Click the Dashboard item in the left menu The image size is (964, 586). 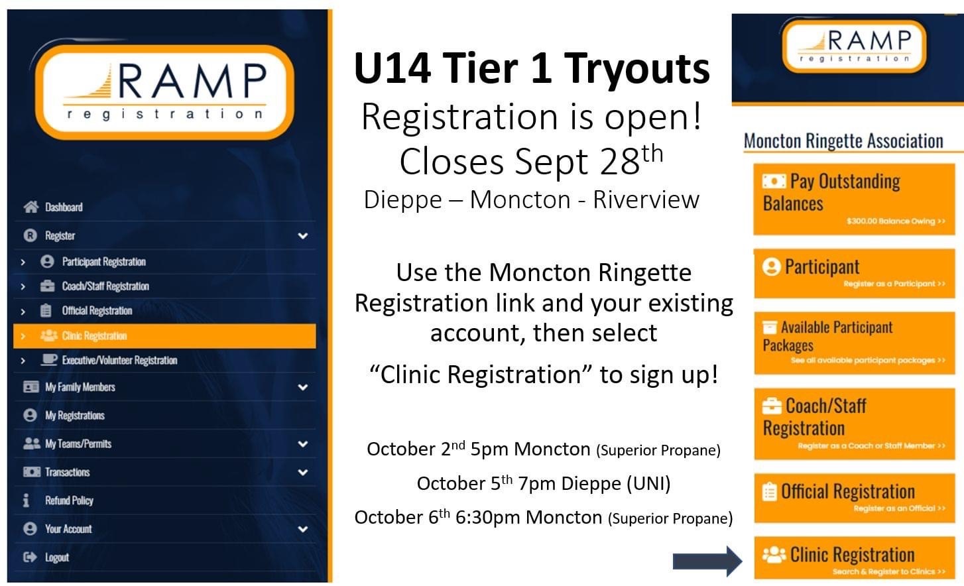pyautogui.click(x=63, y=207)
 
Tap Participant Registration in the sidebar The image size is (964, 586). pyautogui.click(x=103, y=262)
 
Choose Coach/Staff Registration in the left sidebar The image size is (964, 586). pyautogui.click(x=105, y=286)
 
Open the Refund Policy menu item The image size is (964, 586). pyautogui.click(x=68, y=500)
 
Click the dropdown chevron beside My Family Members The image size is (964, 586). pyautogui.click(x=303, y=387)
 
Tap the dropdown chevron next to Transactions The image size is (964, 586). pyautogui.click(x=303, y=473)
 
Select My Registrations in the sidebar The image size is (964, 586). pyautogui.click(x=74, y=416)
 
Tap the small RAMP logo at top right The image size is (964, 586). pyautogui.click(x=854, y=44)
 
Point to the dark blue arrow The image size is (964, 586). pyautogui.click(x=707, y=561)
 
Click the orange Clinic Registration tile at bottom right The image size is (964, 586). pyautogui.click(x=854, y=559)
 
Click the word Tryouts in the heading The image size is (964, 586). pyautogui.click(x=637, y=69)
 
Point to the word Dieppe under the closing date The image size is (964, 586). pyautogui.click(x=402, y=200)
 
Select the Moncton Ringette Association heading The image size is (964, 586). pyautogui.click(x=843, y=141)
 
